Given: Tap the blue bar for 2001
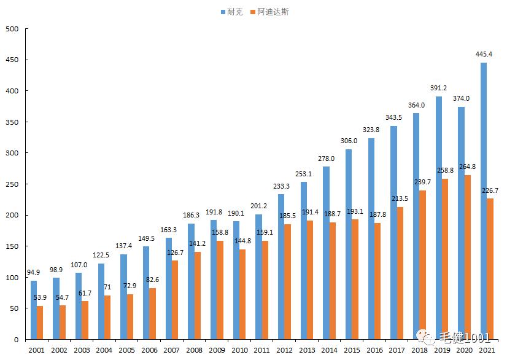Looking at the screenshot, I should tap(34, 310).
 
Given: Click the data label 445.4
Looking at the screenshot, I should tap(485, 54).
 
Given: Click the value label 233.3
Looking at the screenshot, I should tap(282, 186).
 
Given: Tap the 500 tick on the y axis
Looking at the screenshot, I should tap(12, 29).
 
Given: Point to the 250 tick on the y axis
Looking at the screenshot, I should tap(12, 184).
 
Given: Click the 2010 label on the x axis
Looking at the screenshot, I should tap(240, 350).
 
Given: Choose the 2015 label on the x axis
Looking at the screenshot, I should tap(352, 350).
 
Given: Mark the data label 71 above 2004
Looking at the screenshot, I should tap(107, 287).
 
